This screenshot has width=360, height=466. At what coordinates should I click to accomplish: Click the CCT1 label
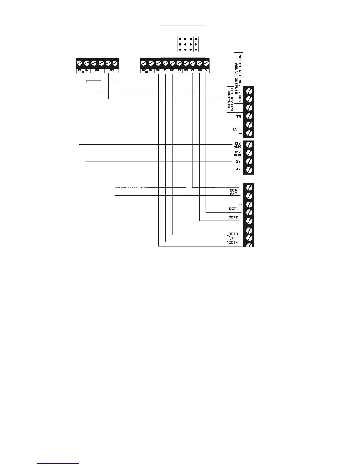point(233,209)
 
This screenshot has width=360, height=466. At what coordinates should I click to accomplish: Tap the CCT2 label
point(233,217)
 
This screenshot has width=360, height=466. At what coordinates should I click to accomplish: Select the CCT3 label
point(233,234)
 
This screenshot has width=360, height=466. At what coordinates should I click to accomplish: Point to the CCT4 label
point(233,243)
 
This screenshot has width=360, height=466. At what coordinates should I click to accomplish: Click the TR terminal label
point(239,116)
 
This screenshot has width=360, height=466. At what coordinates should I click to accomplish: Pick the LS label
point(235,129)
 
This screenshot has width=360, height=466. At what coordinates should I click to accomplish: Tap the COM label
point(234,190)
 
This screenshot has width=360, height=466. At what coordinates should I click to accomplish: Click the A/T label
point(234,194)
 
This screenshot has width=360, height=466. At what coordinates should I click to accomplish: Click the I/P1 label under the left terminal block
point(97,70)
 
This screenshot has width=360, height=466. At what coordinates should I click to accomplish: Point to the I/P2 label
point(111,70)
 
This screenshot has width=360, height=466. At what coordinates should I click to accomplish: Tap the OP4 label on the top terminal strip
point(200,70)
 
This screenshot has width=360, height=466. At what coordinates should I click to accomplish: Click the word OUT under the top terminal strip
point(147,72)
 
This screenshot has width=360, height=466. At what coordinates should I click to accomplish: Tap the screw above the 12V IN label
point(80,63)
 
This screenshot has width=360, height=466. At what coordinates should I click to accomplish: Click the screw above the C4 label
point(206,63)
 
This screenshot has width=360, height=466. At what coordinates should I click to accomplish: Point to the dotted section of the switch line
point(134,187)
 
